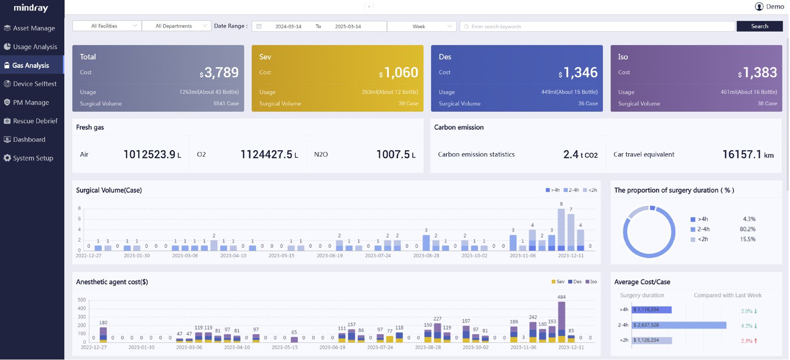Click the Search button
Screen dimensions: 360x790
point(759,26)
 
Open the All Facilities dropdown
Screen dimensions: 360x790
point(107,26)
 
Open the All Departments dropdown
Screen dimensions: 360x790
point(176,26)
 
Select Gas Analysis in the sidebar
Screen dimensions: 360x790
point(31,65)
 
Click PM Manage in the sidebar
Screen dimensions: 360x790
point(31,103)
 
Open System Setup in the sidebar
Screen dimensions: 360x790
point(33,158)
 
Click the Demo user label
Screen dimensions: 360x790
point(774,6)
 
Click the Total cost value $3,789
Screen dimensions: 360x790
point(219,73)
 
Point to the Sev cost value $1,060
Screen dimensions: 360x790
point(398,73)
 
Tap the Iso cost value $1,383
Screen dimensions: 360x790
point(758,73)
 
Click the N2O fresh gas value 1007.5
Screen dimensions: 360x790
point(393,155)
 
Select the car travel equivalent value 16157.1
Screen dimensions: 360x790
point(742,155)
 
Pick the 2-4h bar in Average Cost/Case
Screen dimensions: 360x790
point(679,325)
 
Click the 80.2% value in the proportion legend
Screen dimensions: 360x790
point(748,229)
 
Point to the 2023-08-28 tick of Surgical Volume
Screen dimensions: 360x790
point(426,256)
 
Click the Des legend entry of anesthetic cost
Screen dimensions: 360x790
point(575,282)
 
